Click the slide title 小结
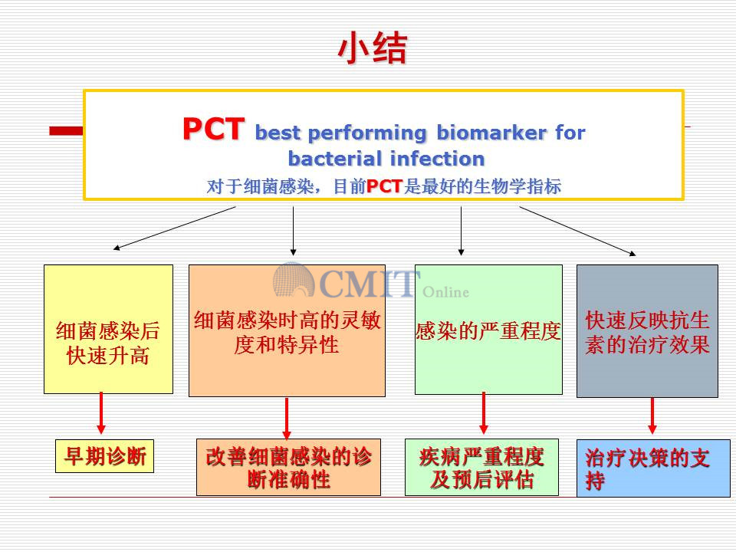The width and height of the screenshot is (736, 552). click(372, 48)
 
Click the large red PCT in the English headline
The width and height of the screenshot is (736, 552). click(214, 129)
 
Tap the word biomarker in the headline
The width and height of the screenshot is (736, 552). click(491, 133)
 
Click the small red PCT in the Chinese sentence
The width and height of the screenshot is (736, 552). click(384, 186)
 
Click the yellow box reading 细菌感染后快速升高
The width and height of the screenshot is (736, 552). click(108, 329)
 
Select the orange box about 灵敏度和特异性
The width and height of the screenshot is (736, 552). click(287, 330)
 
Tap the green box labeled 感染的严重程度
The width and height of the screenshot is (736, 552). click(488, 330)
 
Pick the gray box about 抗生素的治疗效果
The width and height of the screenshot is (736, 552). click(647, 331)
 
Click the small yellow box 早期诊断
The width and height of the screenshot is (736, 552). click(105, 455)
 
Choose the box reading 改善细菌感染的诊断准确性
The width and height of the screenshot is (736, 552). click(289, 468)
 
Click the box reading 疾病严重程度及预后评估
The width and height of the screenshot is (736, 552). click(481, 468)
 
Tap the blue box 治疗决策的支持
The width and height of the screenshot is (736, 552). click(653, 468)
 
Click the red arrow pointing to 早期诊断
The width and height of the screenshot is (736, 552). click(101, 413)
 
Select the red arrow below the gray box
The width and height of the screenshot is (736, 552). click(652, 416)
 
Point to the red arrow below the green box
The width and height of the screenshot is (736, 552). click(484, 413)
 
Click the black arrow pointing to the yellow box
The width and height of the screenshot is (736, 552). click(175, 228)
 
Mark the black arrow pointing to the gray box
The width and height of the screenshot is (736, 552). click(578, 231)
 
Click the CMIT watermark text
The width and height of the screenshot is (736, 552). click(369, 283)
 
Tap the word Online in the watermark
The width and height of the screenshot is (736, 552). click(445, 292)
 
